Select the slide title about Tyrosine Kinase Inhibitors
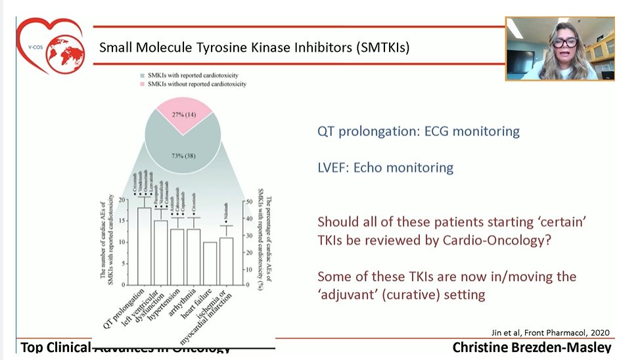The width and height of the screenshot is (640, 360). point(254,48)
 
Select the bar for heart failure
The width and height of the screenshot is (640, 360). point(210,263)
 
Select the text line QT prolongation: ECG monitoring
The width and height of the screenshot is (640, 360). point(418,131)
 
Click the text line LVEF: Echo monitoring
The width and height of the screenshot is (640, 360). point(385,168)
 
